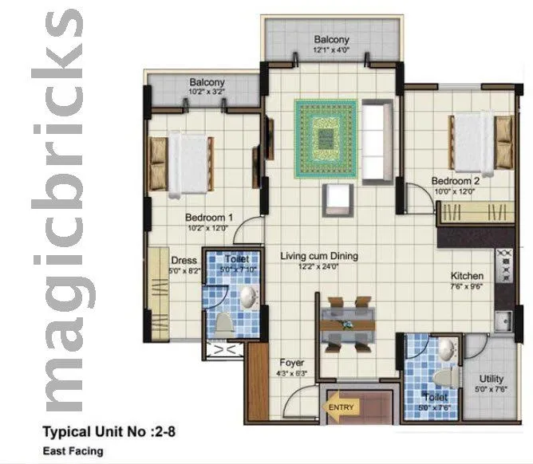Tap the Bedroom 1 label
(209, 217)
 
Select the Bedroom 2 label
(456, 180)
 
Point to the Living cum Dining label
(319, 257)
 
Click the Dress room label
(184, 260)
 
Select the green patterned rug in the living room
(325, 139)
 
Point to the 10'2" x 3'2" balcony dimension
(207, 92)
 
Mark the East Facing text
(73, 450)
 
